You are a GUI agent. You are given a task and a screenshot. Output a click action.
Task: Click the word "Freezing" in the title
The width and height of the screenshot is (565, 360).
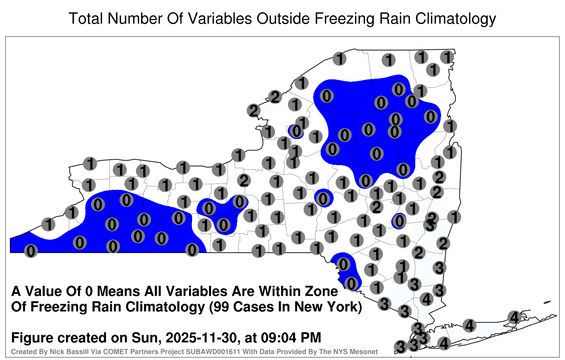(343, 19)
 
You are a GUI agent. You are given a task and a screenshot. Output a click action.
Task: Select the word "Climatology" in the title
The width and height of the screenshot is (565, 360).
(456, 19)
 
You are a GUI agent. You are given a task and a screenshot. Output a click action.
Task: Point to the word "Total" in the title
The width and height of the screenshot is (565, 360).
(86, 19)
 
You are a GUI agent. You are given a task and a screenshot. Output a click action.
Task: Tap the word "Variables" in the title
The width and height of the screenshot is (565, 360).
(220, 19)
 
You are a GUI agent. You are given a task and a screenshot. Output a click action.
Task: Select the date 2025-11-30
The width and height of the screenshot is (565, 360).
(202, 338)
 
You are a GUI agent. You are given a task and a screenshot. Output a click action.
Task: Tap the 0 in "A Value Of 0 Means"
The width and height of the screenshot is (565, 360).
(89, 292)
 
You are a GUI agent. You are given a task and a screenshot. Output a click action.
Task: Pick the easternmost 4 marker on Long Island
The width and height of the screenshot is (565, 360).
(514, 317)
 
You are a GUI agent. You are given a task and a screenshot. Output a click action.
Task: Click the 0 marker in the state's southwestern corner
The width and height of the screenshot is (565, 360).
(31, 251)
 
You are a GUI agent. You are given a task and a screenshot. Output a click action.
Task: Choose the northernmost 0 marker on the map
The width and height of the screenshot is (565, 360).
(399, 89)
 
